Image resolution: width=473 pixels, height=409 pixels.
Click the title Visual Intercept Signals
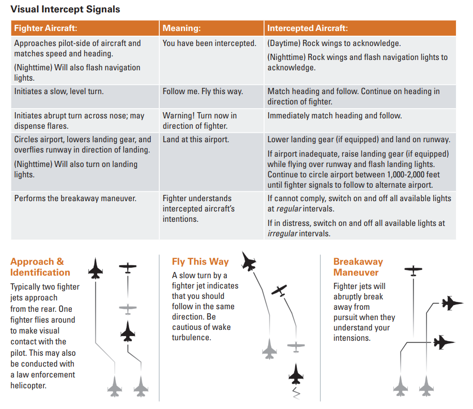pos(65,9)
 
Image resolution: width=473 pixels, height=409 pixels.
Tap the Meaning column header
pos(181,28)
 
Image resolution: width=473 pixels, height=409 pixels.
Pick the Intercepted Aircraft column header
pos(307,28)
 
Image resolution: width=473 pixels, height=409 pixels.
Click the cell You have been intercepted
pos(209,43)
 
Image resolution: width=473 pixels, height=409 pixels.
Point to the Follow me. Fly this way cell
pos(203,92)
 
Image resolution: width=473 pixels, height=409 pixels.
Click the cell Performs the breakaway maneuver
pos(75,199)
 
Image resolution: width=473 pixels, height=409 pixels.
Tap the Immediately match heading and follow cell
pos(334,116)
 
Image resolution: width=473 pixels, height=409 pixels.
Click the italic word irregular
pos(282,234)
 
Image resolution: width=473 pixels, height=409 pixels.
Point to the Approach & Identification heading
pos(40,267)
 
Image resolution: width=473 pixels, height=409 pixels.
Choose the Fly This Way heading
pos(200,262)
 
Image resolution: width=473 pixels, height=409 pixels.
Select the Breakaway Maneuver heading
pos(358,267)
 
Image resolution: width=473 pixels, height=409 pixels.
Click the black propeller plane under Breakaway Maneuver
pos(413,270)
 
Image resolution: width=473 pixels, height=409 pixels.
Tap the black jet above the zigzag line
pos(295,373)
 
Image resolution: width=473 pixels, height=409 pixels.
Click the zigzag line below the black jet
pos(296,393)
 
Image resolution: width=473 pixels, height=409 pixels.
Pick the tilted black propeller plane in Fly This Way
pos(279,291)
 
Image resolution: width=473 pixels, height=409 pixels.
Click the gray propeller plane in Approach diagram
pos(127,309)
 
